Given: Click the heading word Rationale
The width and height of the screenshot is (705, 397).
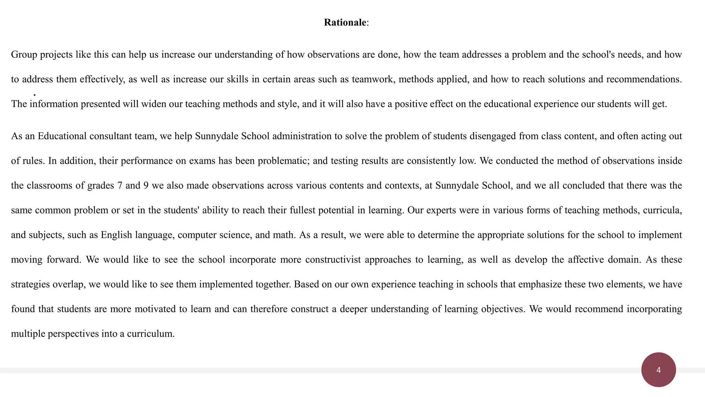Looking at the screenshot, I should [x=345, y=22].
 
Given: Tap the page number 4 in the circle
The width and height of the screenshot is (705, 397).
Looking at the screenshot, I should [x=658, y=370].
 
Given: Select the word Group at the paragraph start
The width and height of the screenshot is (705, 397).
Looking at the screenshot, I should [x=24, y=54].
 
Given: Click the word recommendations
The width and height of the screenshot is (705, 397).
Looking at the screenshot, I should [x=643, y=79].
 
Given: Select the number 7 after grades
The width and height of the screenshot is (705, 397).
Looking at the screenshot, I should [x=119, y=185].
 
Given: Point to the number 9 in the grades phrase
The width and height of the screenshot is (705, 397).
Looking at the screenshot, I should [x=146, y=185].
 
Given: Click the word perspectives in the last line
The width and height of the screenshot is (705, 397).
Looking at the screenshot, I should [x=73, y=334].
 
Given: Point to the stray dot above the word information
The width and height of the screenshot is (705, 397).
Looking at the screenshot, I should [x=34, y=94].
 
